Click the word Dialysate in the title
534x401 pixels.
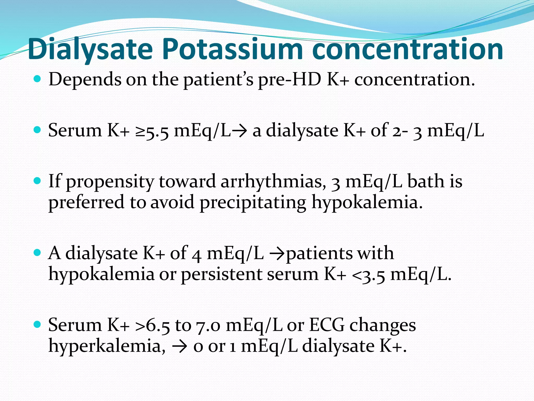pyautogui.click(x=90, y=49)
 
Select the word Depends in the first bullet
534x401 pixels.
pyautogui.click(x=85, y=79)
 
